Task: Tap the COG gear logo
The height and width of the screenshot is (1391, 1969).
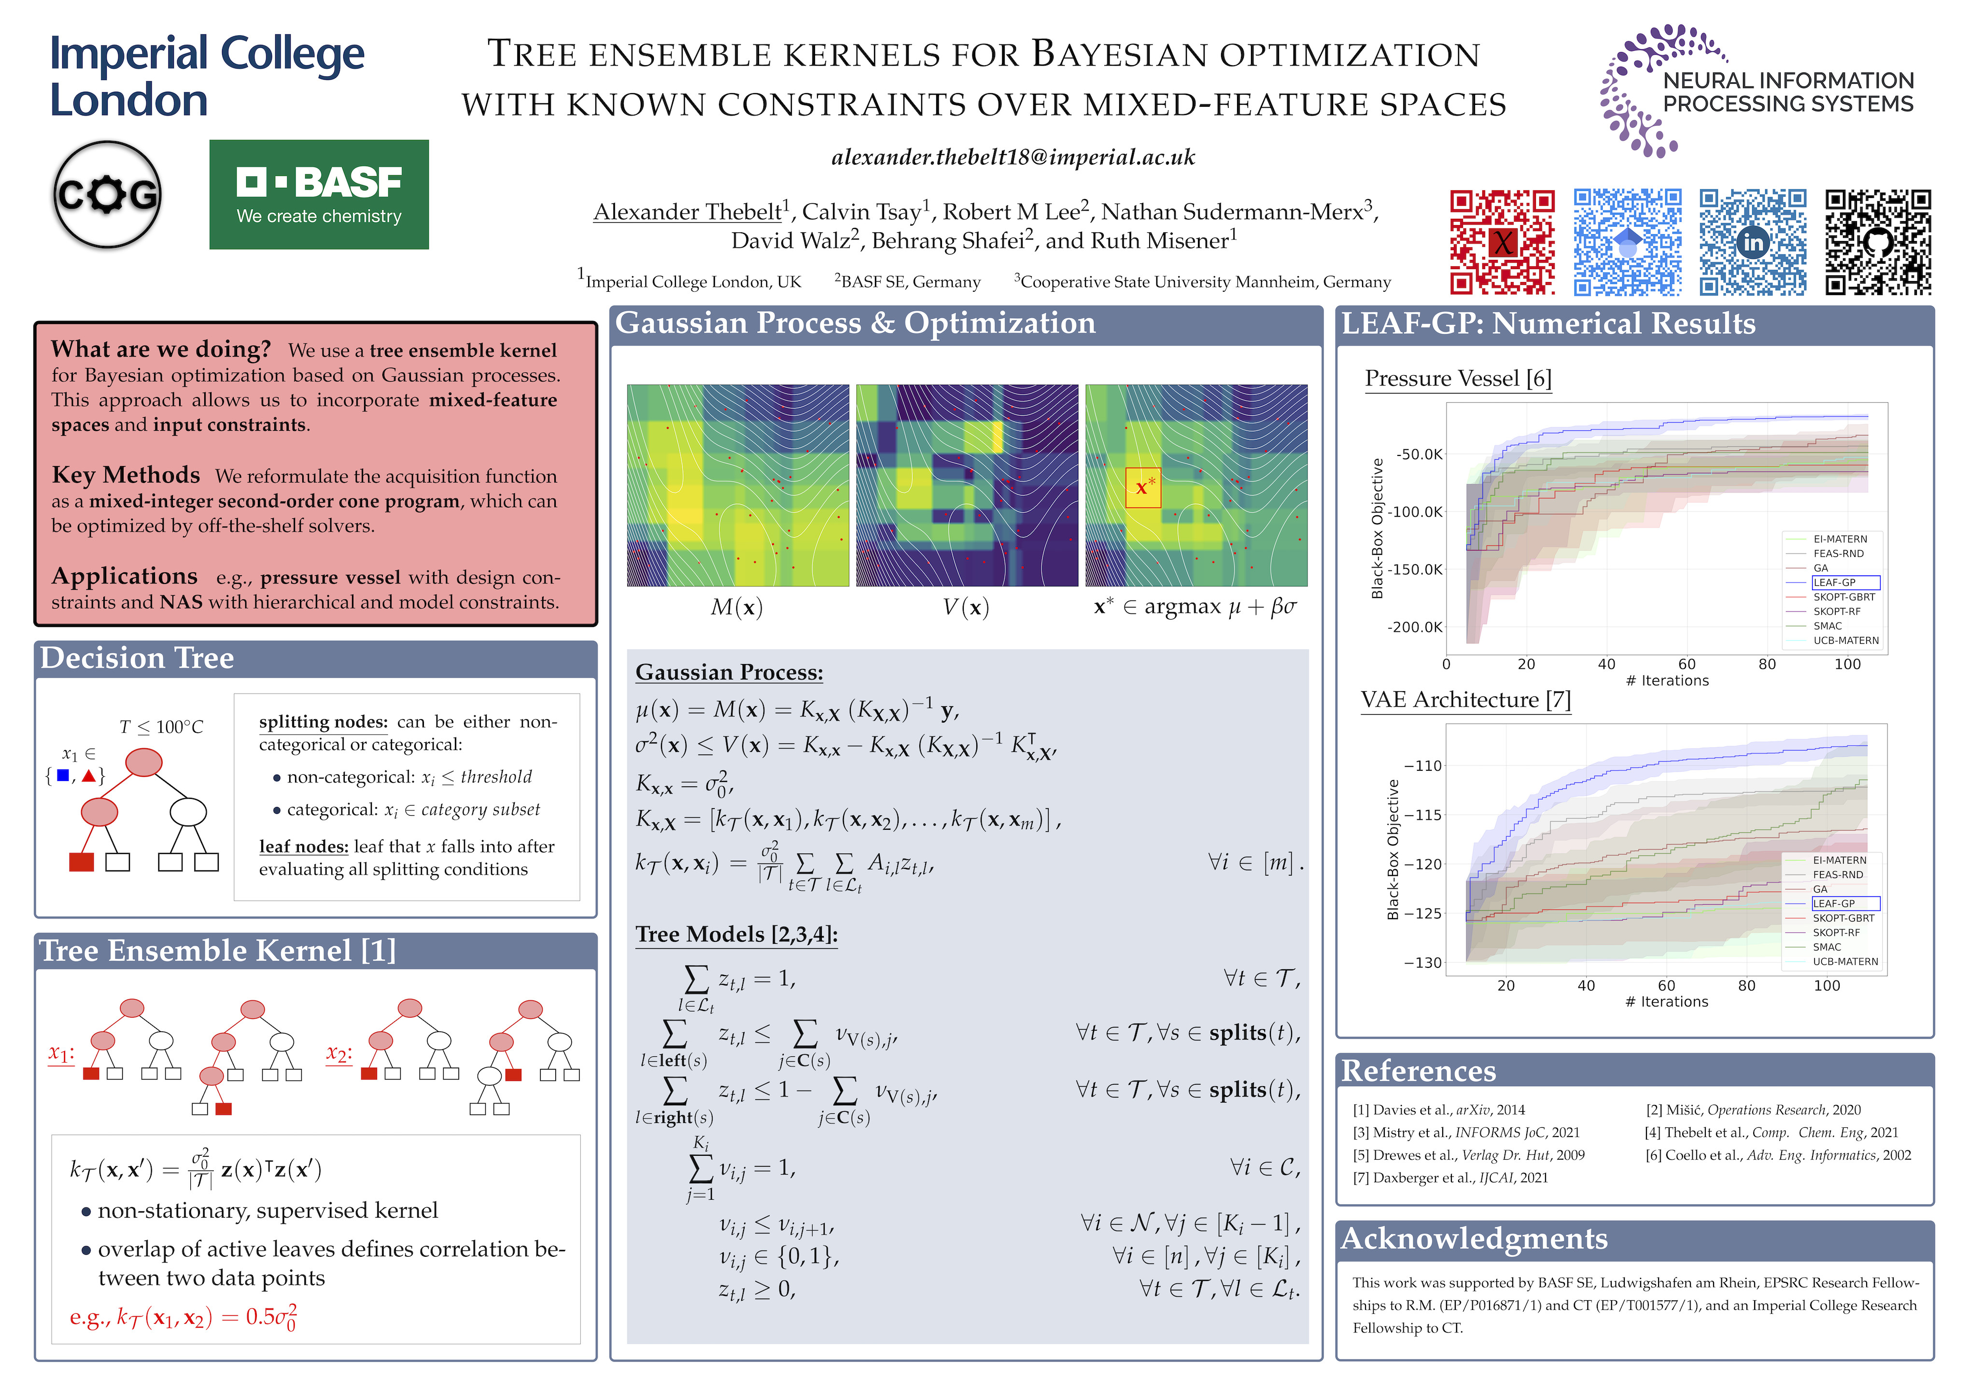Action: click(107, 195)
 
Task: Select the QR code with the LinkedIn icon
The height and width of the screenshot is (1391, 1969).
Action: click(1752, 242)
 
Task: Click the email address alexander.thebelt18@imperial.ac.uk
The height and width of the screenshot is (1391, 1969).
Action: click(1013, 157)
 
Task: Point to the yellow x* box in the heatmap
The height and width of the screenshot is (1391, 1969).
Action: click(1142, 487)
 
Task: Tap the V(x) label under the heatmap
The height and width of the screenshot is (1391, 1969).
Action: click(966, 607)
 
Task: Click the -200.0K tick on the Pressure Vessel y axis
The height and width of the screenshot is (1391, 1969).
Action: click(1415, 627)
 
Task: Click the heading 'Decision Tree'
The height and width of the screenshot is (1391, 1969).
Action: click(137, 658)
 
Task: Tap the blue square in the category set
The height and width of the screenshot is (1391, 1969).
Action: click(63, 776)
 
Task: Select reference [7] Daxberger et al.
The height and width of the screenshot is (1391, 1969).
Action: click(1450, 1178)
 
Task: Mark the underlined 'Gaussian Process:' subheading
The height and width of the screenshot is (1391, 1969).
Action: click(729, 672)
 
